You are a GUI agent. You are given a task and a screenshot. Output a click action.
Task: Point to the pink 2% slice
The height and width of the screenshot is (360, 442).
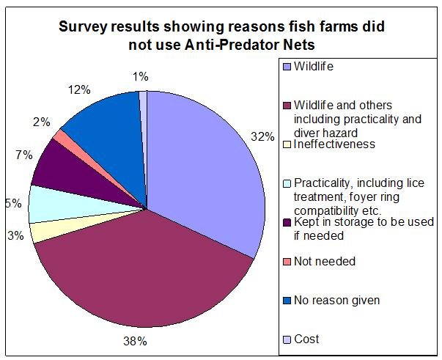click(x=62, y=136)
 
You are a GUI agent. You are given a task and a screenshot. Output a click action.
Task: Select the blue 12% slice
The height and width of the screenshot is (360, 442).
click(x=110, y=121)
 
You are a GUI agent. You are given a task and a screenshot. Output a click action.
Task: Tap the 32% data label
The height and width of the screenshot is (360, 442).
click(x=265, y=136)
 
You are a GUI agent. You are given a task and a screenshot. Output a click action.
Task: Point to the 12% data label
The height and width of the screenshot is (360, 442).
click(x=79, y=91)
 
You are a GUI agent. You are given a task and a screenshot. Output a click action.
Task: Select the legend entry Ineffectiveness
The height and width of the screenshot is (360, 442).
click(x=334, y=144)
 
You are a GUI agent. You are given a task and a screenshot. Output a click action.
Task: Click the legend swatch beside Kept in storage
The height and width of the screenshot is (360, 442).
click(x=286, y=222)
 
